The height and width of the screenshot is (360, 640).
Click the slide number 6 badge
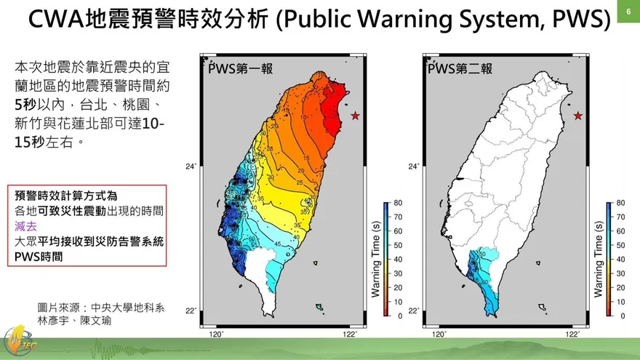627,11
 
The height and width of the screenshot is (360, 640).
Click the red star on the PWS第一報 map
355,116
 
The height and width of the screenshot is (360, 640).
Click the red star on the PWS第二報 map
578,116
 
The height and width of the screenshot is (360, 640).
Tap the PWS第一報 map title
240,69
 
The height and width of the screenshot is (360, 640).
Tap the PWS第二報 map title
460,69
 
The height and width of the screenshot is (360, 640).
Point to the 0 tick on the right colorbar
620,316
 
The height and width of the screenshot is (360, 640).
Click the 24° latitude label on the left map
191,167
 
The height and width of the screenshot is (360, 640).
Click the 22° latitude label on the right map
413,311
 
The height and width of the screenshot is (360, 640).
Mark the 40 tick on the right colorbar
620,260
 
